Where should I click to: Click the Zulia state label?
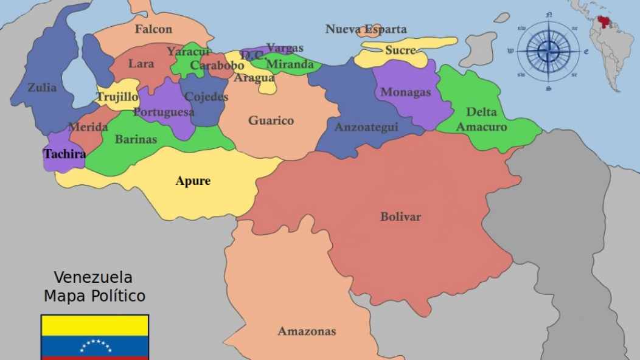pos(42,88)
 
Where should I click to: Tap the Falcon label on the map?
pos(153,29)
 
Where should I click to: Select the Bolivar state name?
pos(400,216)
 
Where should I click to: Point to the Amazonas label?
pos(307,331)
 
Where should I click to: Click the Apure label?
pos(193,181)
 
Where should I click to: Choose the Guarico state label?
pos(271,120)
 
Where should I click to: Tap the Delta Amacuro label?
pos(481,119)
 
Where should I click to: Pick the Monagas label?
pos(405,92)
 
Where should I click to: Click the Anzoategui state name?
pos(366,127)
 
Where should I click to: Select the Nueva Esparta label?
pos(366,29)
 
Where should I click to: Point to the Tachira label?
pos(64,154)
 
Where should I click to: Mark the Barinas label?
pos(136,139)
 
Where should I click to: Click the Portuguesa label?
pos(164,112)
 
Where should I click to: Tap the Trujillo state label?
pos(117,97)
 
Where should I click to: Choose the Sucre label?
pos(400,50)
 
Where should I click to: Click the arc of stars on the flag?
pos(96,345)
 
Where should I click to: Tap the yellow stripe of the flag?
pos(95,325)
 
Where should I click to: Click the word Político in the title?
pos(115,296)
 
